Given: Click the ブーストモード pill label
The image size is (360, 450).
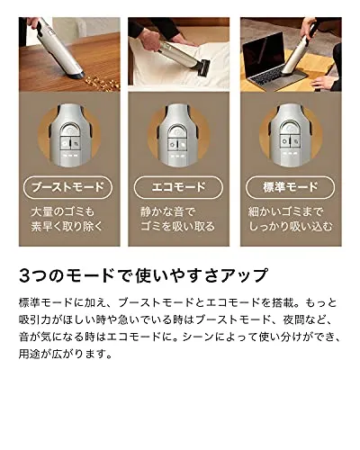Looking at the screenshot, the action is tap(67, 188).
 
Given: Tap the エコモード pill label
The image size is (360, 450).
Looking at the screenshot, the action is tap(178, 188).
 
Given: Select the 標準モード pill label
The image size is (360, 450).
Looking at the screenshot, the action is tap(290, 188).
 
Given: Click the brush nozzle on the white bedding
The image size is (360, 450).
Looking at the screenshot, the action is tap(205, 67).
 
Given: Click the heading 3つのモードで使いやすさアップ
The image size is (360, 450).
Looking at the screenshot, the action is tap(143, 275).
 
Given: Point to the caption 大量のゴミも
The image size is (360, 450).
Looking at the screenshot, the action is tap(63, 212).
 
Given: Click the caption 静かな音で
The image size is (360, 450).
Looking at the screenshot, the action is tap(168, 212).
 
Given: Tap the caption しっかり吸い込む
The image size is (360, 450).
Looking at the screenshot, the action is tap(291, 226).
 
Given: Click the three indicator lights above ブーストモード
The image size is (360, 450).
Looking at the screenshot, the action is tap(70, 156).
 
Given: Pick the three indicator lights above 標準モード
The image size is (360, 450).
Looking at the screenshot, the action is tap(291, 154).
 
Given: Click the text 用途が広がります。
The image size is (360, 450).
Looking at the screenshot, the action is tap(66, 354).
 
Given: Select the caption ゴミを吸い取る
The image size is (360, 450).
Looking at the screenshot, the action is tap(177, 226).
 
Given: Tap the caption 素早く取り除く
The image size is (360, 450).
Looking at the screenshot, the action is tap(67, 226).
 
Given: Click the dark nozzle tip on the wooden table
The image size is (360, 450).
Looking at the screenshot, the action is tap(77, 75).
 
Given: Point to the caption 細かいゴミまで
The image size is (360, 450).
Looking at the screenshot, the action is tap(286, 212).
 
